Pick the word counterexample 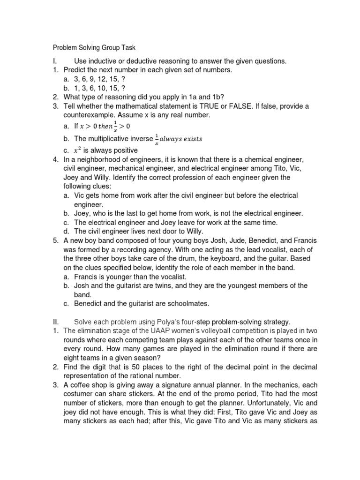coord(90,115)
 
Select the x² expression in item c coord(78,150)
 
